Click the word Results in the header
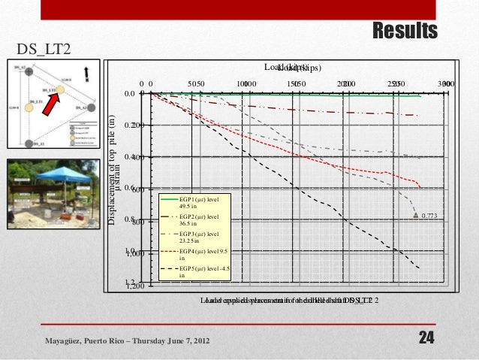[x=405, y=31]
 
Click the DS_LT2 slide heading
[x=44, y=50]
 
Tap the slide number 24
[x=426, y=339]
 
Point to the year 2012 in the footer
[x=198, y=343]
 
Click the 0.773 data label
[x=429, y=216]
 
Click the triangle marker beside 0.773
[x=414, y=216]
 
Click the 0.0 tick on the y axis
[x=130, y=94]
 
